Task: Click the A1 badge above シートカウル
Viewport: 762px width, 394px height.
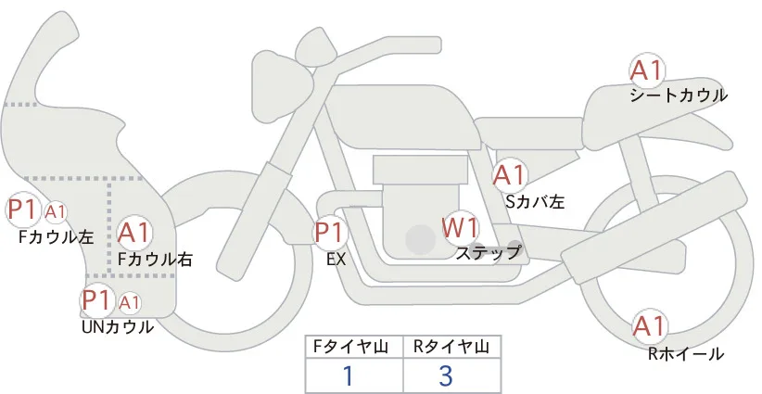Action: tap(646, 70)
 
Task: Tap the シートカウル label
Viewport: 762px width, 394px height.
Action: tap(679, 95)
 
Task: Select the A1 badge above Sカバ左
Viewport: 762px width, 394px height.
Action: tap(509, 175)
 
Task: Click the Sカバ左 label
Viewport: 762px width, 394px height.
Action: tap(535, 201)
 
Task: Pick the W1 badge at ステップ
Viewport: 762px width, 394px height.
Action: tap(460, 228)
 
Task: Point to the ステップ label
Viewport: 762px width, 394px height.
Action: tap(488, 253)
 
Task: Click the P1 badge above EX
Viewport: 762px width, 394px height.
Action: tap(330, 233)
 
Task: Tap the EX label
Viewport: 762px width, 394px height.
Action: tap(337, 260)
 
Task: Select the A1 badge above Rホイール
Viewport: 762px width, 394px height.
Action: tap(649, 326)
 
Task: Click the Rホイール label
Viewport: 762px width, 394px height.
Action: tap(686, 354)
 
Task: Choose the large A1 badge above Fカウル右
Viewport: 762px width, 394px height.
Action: tap(134, 233)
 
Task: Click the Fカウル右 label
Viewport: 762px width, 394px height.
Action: tap(155, 259)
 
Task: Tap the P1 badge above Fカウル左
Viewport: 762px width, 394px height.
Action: tap(22, 210)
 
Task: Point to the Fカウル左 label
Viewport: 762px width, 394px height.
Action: tap(56, 236)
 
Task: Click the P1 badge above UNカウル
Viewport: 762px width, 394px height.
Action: tap(97, 300)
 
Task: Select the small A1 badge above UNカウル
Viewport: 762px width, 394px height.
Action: tap(130, 302)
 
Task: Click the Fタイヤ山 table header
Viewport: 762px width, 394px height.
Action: tap(350, 347)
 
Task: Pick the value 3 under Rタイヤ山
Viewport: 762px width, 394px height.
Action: tap(446, 375)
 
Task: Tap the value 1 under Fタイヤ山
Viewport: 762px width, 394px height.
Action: tap(348, 375)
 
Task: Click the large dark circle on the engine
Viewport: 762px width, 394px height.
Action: tap(420, 239)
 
